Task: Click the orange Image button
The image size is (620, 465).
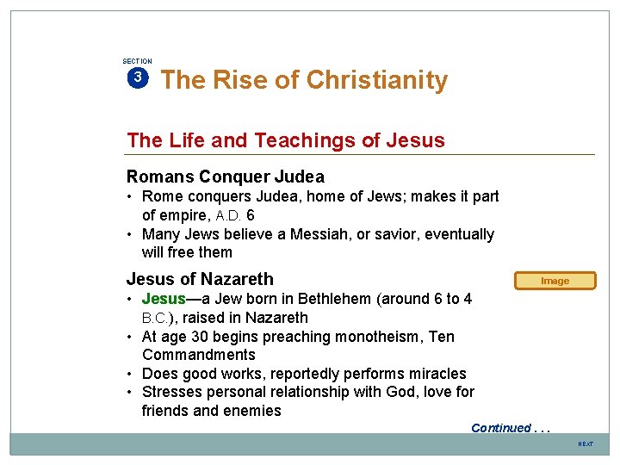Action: (555, 281)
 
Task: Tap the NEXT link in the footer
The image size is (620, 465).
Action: (586, 443)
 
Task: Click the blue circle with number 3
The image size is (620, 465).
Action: (137, 77)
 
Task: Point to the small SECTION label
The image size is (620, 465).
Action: (137, 61)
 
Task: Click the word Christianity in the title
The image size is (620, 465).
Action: (377, 80)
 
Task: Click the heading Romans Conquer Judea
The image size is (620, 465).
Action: (226, 177)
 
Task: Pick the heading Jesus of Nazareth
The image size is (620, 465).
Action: (200, 279)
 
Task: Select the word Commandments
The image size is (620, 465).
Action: (199, 355)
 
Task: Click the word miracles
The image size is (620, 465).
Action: (437, 374)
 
